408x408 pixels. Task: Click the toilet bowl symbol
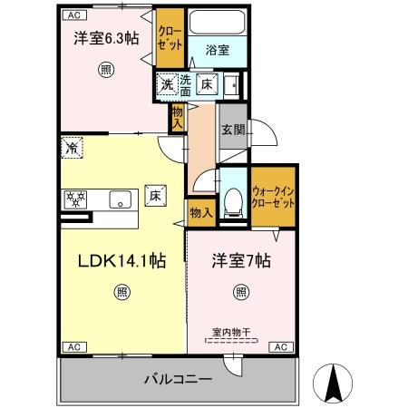point(233,199)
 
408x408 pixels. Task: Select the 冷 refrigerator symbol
point(72,145)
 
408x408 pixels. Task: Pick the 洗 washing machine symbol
point(167,84)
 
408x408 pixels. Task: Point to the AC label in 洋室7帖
point(279,347)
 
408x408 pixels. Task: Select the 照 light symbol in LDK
point(121,291)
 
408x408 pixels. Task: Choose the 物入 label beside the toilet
point(200,213)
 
